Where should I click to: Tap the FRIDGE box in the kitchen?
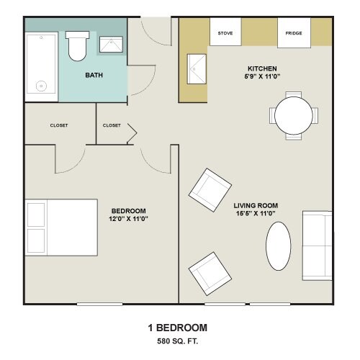[294, 33]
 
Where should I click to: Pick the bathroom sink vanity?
[110, 45]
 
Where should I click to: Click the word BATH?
[94, 75]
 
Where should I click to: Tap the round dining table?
[294, 114]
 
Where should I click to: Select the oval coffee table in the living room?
[280, 245]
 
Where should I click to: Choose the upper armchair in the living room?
[210, 189]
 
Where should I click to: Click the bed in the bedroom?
[61, 227]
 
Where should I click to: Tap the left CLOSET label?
[59, 125]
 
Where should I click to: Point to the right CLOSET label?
[112, 125]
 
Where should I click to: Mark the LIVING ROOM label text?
[256, 205]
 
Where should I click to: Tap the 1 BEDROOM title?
[177, 328]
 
